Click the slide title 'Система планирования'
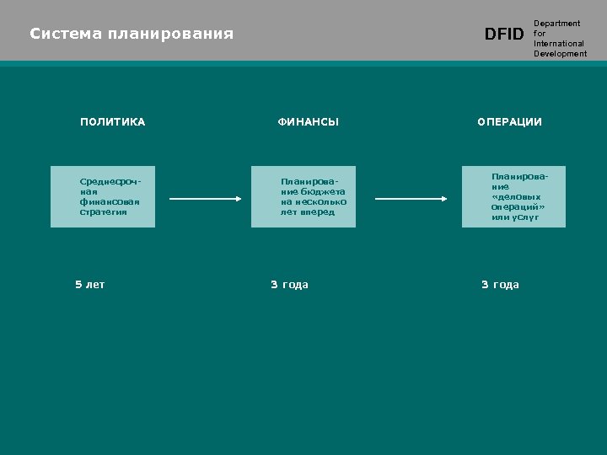coord(132,35)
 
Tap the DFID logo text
coord(504,35)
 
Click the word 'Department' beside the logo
coord(556,24)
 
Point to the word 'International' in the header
coord(558,44)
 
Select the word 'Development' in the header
coord(560,54)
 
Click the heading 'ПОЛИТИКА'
coord(113,122)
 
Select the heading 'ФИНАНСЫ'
coord(309,122)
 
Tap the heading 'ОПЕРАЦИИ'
coord(510,122)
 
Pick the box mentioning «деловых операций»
coord(514,197)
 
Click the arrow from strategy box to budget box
coord(206,199)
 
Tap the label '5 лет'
coord(90,285)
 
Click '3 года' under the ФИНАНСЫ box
coord(289,285)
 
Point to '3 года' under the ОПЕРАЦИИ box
coord(500,285)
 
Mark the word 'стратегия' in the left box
coord(103,212)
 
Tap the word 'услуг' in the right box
coord(524,217)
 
